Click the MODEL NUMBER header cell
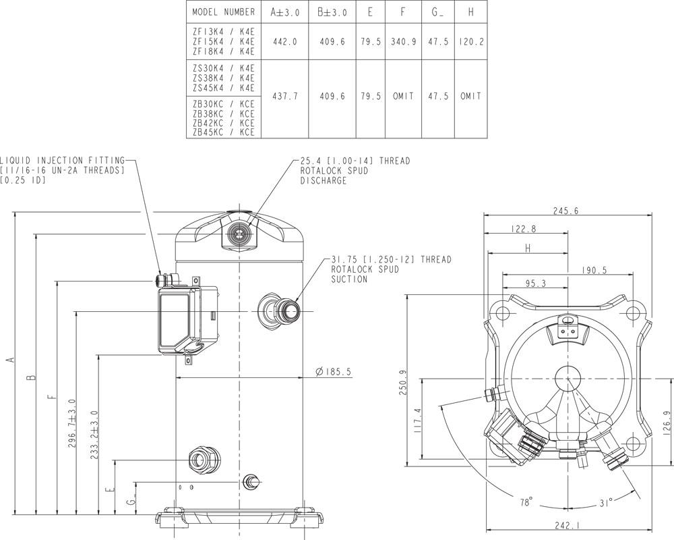click(224, 12)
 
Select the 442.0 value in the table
click(284, 43)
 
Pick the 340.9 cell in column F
click(403, 42)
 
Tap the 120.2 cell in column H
click(471, 42)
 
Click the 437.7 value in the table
click(284, 97)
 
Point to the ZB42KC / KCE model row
click(224, 123)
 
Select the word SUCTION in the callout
click(349, 279)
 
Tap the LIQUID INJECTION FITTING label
click(63, 161)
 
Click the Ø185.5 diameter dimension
click(332, 371)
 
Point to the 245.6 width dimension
click(565, 211)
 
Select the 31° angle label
click(606, 502)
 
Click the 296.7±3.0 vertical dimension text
click(72, 423)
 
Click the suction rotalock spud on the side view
click(279, 311)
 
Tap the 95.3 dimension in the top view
click(535, 283)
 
